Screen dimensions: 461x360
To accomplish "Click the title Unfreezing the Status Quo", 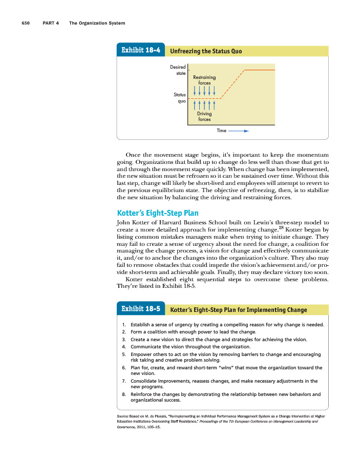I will coord(205,51).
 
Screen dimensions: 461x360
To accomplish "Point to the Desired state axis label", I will coord(178,70).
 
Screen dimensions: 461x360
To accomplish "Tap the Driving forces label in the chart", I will coord(204,116).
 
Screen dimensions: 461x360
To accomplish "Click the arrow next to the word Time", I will coord(239,131).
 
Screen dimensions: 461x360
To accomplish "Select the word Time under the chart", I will coord(221,131).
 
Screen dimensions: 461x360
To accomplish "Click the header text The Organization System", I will coord(97,23).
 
